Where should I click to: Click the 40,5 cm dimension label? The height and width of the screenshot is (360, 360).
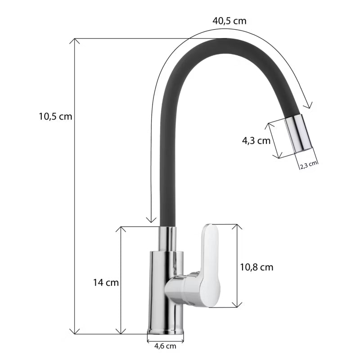229,21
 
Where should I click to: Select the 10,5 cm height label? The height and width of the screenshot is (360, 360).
55,117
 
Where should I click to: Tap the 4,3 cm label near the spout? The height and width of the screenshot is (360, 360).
256,140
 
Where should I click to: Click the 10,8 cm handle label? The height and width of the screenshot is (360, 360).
256,267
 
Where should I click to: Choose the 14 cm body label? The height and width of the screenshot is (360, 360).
106,283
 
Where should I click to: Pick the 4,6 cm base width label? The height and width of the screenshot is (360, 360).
165,346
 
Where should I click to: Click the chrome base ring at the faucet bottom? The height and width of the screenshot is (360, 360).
166,331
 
